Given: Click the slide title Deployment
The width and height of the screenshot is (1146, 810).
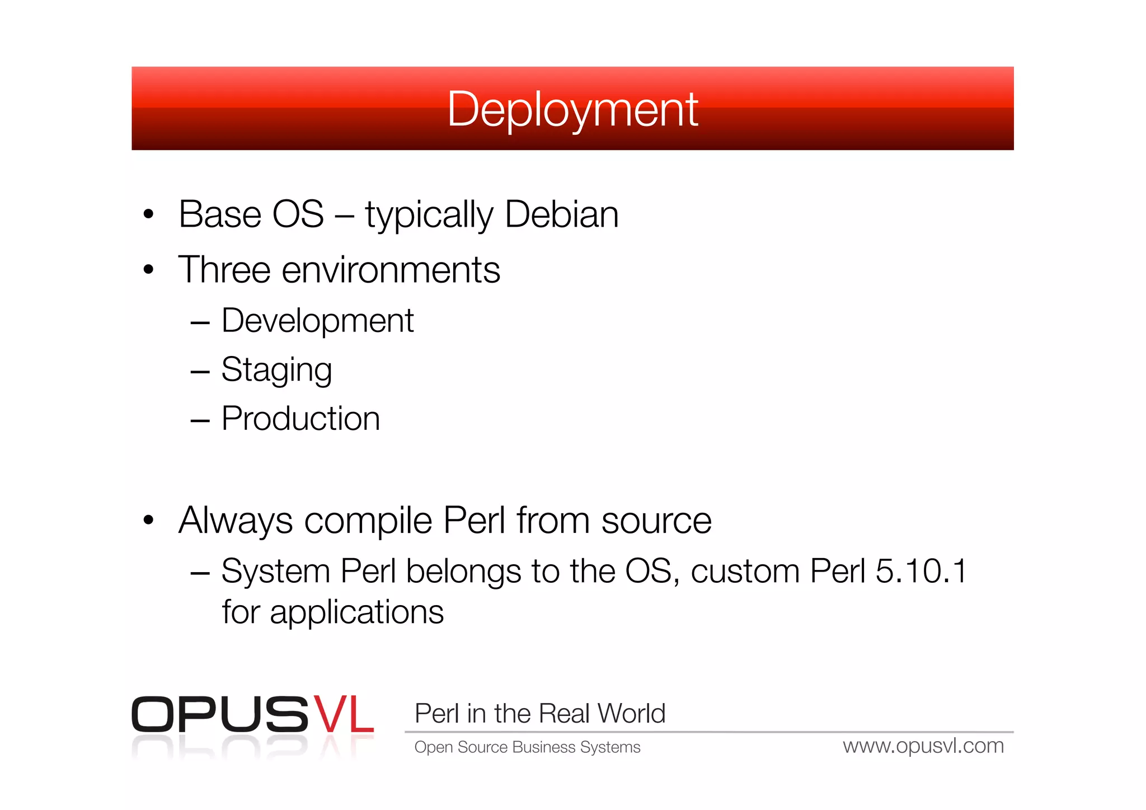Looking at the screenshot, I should [x=572, y=109].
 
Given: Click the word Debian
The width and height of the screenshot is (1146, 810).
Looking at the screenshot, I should [x=561, y=214].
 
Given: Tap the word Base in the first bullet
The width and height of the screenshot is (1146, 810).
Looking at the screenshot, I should [x=220, y=214].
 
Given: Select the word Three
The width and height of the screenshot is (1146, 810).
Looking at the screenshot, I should [x=224, y=270].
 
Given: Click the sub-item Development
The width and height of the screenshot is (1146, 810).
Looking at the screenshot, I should [x=317, y=321].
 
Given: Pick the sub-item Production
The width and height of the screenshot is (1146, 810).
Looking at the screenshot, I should [x=300, y=419].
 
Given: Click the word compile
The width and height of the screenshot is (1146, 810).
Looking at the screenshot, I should [x=368, y=521].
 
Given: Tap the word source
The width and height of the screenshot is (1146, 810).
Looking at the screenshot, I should [x=656, y=521].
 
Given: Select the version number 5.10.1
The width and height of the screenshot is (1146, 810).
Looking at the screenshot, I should [x=920, y=572].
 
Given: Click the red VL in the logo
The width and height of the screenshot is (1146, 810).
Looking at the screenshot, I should [x=343, y=714].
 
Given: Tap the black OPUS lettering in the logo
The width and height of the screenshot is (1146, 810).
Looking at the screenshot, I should [x=219, y=714].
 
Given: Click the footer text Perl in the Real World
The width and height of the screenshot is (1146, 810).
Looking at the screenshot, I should [x=539, y=714].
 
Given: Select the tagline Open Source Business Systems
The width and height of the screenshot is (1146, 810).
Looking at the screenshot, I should [x=527, y=747].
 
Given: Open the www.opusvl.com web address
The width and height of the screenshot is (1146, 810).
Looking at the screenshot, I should [x=923, y=746].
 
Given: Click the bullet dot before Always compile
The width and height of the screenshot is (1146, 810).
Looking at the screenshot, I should [x=148, y=521].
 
